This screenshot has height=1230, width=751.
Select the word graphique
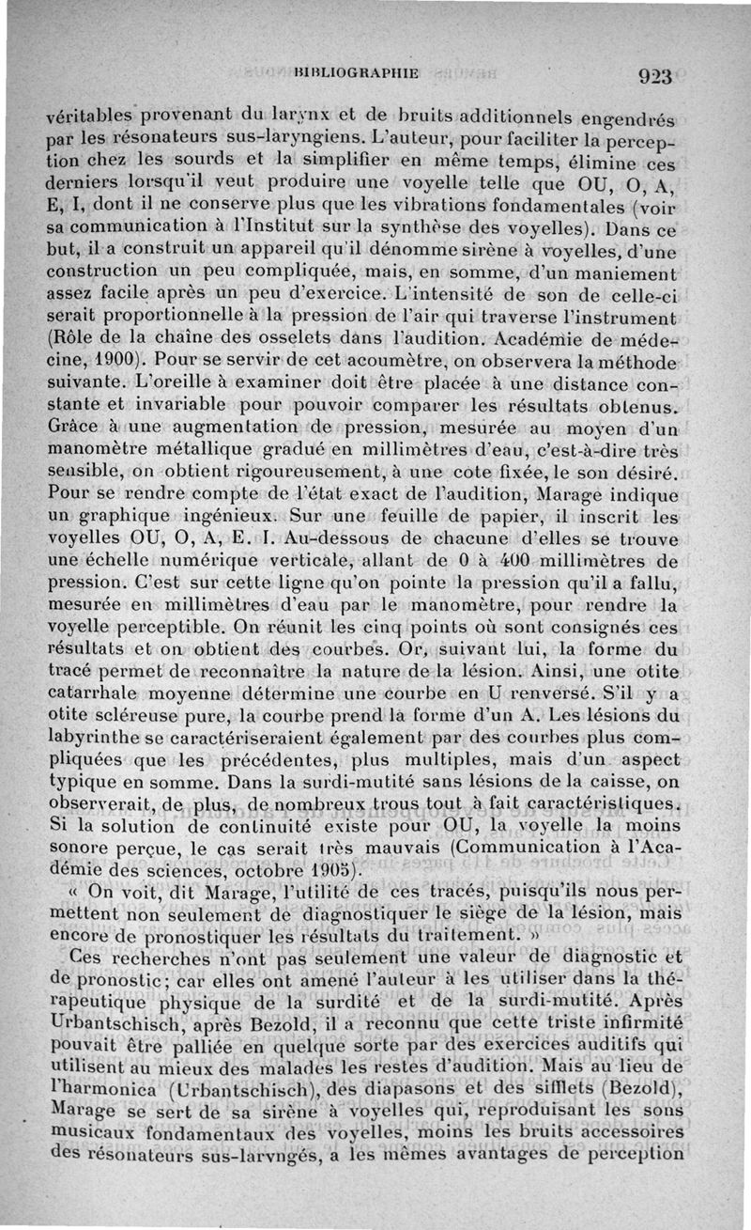point(124,516)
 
